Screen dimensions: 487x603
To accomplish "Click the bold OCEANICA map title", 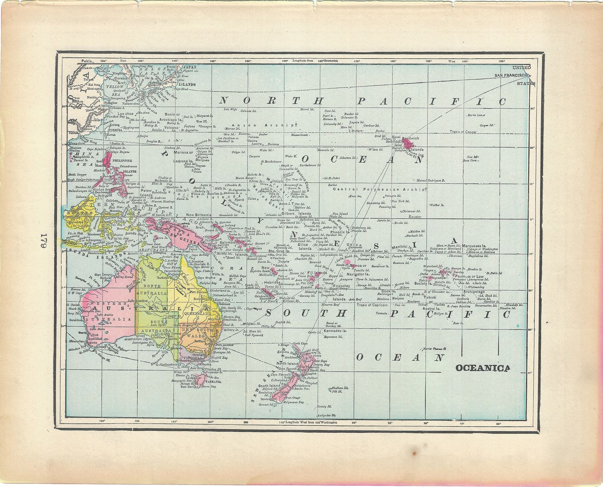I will pos(482,368).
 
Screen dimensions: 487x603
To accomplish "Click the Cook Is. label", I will pos(388,291).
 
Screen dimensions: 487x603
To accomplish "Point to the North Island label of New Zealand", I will pos(287,364).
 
